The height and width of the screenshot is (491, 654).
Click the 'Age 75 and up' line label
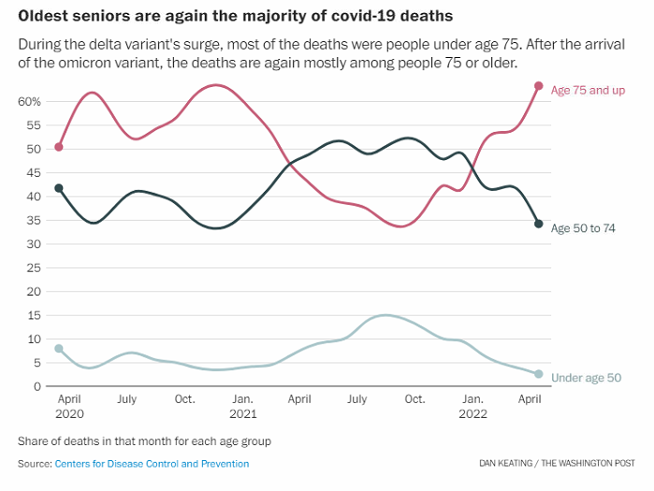(587, 90)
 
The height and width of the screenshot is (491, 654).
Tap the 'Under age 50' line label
(586, 378)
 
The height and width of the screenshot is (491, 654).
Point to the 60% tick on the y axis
(28, 101)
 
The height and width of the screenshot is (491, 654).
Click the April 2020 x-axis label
(69, 406)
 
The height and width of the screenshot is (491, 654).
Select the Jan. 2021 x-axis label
(242, 406)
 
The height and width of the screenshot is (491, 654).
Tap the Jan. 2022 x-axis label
(472, 406)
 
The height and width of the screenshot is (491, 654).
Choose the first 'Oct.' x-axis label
(184, 399)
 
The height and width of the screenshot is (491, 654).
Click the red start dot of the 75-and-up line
(59, 147)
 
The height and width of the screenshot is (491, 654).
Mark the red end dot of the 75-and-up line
(539, 86)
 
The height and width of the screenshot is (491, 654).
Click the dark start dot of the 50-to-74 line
(59, 188)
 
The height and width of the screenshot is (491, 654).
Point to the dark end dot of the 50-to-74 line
(539, 224)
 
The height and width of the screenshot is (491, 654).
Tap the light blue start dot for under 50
(59, 349)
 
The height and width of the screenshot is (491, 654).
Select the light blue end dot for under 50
(539, 374)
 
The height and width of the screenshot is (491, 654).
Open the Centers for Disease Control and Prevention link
(152, 464)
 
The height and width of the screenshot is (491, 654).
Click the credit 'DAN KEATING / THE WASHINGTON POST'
(558, 464)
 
